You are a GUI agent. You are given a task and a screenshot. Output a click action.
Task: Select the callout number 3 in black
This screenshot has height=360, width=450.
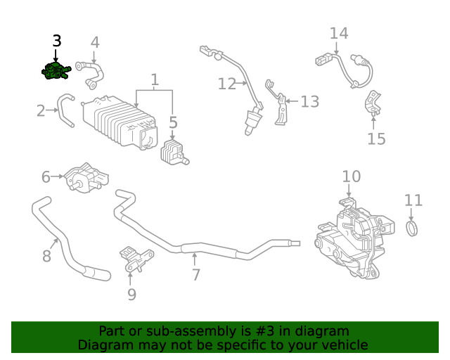point(56,41)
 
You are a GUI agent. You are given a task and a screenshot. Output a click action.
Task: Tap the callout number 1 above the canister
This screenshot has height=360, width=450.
point(155,79)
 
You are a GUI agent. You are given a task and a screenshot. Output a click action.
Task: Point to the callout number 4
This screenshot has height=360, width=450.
point(95,42)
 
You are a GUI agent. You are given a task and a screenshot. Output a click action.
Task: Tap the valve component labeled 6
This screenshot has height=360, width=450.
point(84,179)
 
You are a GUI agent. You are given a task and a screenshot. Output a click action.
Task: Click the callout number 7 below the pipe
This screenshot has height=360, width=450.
point(196,275)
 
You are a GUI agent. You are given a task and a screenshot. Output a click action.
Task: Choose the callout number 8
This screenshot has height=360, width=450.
point(46,255)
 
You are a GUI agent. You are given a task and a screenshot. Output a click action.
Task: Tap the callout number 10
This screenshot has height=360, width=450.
point(352,176)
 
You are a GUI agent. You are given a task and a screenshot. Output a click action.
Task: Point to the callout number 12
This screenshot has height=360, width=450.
point(226,84)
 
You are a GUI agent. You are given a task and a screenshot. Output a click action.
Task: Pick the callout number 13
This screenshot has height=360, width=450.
point(310,101)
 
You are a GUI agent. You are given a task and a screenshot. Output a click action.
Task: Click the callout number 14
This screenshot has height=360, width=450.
point(339,33)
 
